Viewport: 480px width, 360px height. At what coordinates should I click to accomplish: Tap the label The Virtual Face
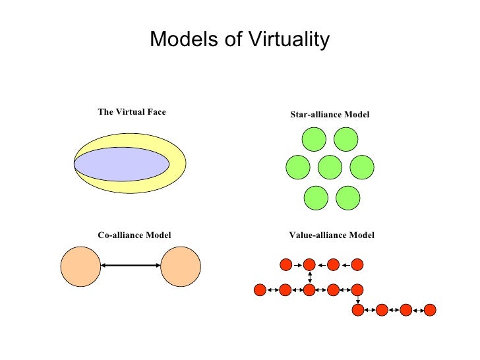(132, 112)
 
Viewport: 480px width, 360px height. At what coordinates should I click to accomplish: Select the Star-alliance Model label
(330, 115)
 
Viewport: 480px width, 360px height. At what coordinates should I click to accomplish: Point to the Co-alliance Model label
(135, 235)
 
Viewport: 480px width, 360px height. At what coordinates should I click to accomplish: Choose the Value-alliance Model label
(332, 235)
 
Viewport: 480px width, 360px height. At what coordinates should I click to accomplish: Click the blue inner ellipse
(119, 164)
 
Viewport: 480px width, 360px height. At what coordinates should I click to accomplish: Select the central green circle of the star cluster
(330, 167)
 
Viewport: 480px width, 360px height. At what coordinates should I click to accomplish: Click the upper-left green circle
(314, 139)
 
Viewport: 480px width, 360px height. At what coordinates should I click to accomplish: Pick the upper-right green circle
(345, 139)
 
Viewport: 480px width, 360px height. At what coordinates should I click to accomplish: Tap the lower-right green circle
(347, 198)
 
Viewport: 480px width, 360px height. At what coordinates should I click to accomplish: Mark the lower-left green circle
(316, 198)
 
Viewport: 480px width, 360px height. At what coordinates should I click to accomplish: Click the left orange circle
(80, 266)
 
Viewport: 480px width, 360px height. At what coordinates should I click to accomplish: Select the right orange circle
(180, 266)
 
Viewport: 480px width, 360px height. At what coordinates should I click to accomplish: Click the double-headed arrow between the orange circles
(130, 266)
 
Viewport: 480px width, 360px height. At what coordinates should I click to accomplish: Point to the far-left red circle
(260, 289)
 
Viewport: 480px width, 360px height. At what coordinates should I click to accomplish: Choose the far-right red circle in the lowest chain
(430, 309)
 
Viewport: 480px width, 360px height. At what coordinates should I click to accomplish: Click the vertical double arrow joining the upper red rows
(310, 277)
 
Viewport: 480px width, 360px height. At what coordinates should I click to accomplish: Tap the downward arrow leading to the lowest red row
(357, 299)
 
